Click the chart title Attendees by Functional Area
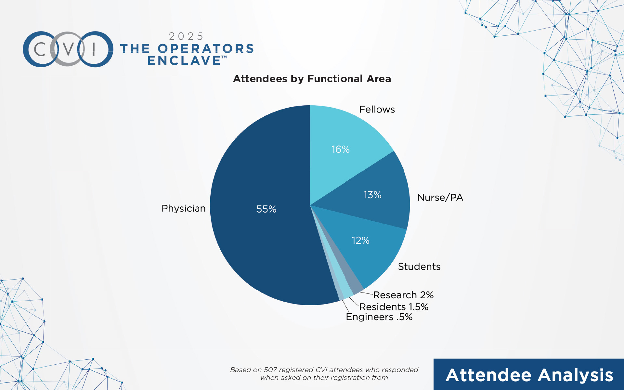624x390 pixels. (312, 79)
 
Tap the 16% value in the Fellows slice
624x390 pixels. (340, 149)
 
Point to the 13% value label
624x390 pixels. (372, 195)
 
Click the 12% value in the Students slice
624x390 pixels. (360, 240)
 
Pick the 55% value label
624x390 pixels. (266, 209)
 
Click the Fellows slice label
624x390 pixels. (377, 110)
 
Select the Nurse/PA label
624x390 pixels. (440, 198)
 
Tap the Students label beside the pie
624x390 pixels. (419, 267)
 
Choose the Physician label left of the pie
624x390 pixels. (183, 208)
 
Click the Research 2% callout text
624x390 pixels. (403, 295)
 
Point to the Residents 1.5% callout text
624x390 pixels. (394, 307)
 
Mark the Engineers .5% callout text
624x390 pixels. (379, 317)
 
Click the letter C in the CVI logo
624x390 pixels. (40, 49)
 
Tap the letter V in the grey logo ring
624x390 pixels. (68, 49)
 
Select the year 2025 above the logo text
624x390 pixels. (186, 36)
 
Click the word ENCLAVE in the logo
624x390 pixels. (184, 61)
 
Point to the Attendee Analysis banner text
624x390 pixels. (529, 375)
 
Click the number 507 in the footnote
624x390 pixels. (270, 370)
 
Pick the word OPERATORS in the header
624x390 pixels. (205, 49)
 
